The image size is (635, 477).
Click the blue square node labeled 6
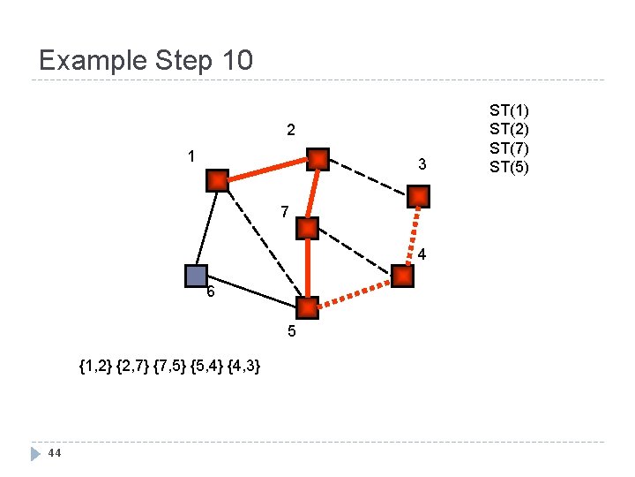click(x=196, y=276)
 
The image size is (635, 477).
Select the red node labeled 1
click(x=218, y=181)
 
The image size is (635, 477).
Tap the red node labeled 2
click(x=317, y=159)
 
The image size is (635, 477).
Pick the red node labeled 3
click(x=419, y=196)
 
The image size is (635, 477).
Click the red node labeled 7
click(x=307, y=229)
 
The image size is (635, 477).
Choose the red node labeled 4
click(x=402, y=276)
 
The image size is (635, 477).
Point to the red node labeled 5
click(x=307, y=308)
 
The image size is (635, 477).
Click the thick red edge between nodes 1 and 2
click(x=267, y=170)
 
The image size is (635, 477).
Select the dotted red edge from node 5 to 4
click(x=355, y=292)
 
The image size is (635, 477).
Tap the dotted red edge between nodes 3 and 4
click(x=411, y=236)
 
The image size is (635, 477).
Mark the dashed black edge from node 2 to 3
click(x=368, y=178)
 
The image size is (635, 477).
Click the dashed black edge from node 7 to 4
click(x=355, y=253)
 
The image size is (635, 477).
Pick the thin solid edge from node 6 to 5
click(x=251, y=292)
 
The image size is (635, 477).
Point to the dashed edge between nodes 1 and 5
click(x=262, y=245)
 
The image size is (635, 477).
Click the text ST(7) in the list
click(x=510, y=147)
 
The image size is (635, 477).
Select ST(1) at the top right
click(x=510, y=110)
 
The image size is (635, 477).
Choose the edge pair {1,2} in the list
click(x=95, y=366)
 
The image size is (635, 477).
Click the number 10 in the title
click(x=235, y=61)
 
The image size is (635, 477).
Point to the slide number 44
click(x=54, y=453)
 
